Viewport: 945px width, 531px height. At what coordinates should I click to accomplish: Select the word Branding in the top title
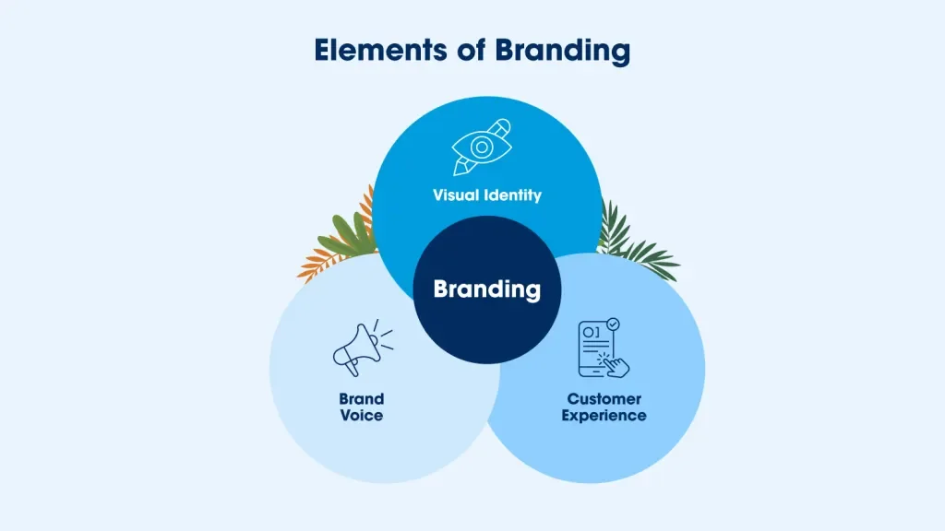(x=562, y=52)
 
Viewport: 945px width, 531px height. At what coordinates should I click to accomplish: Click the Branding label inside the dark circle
(x=487, y=289)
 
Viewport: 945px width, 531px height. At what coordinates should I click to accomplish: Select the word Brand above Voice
(x=361, y=399)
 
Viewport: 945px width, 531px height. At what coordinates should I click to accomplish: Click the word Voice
(x=361, y=416)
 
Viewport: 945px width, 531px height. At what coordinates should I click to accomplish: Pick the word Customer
(x=604, y=399)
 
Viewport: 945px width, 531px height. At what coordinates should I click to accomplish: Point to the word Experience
(x=605, y=416)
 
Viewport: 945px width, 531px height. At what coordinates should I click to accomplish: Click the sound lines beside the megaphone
(x=385, y=339)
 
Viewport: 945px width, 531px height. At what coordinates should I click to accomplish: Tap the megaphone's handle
(x=352, y=368)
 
